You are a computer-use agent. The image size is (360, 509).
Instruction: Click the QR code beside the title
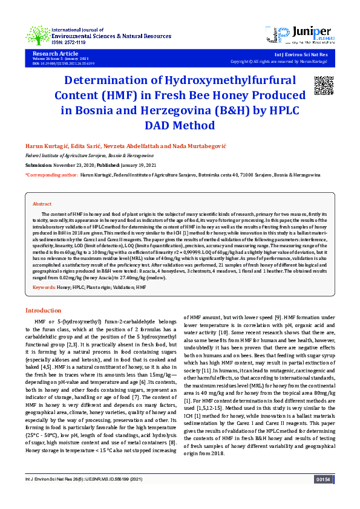pos(324,86)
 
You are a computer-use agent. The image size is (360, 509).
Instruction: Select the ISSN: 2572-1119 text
pos(68,43)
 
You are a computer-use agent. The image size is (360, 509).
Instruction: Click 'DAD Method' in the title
pos(180,126)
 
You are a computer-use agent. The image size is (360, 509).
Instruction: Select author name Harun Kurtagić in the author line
pos(44,147)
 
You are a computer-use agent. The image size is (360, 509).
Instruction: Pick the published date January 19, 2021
pos(139,164)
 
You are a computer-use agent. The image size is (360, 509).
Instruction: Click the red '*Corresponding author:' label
pos(51,175)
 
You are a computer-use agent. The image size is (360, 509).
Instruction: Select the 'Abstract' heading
pos(42,204)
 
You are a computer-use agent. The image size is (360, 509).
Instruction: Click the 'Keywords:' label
pos(44,287)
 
